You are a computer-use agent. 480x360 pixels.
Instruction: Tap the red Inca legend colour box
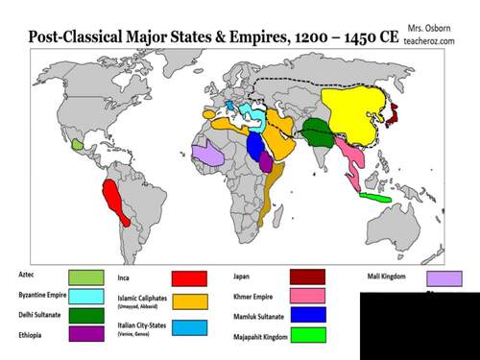189,278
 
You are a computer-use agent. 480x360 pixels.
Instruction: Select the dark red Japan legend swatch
306,276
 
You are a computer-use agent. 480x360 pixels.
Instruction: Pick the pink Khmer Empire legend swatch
306,296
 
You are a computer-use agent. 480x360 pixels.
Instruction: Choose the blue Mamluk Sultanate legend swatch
306,315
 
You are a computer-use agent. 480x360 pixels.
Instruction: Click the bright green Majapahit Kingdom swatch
306,335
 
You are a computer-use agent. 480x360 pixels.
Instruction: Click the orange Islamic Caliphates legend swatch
189,301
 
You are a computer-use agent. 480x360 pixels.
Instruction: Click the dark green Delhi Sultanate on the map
314,133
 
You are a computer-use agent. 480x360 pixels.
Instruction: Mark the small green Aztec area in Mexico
78,144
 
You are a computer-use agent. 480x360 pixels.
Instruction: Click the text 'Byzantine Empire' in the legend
42,295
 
